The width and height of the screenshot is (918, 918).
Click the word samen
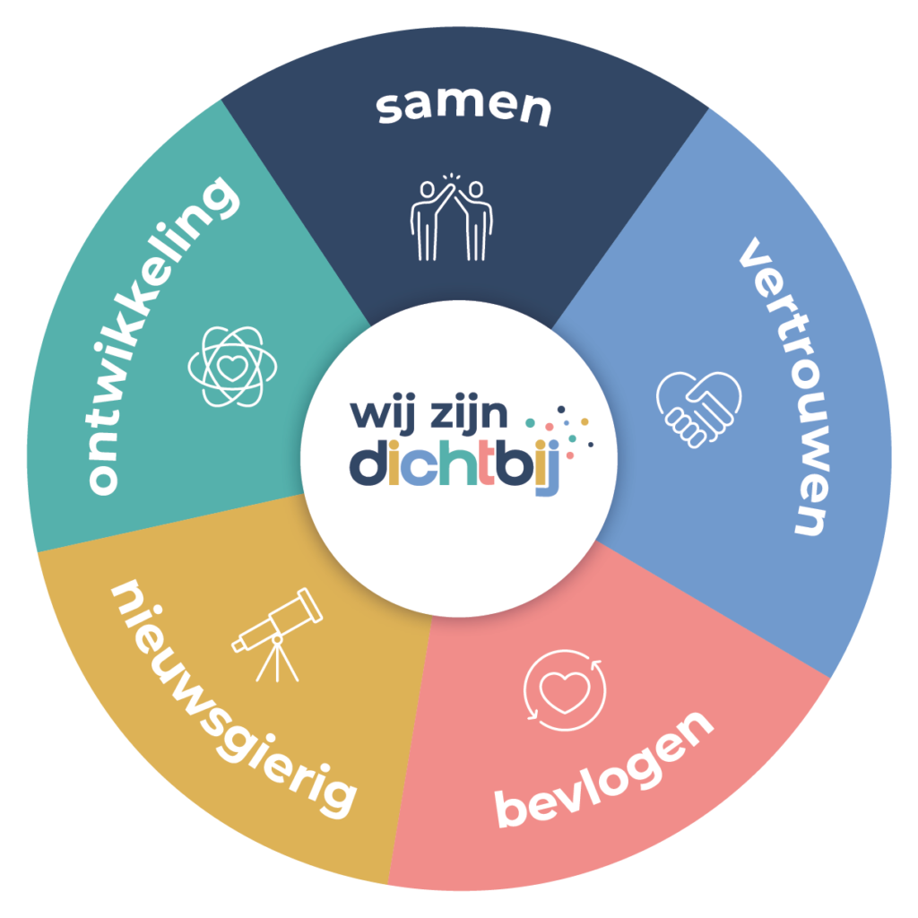pos(463,108)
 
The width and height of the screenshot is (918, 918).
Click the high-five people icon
pos(452,217)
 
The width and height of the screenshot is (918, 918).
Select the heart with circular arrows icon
pos(565,690)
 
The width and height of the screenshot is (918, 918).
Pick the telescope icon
pos(277,635)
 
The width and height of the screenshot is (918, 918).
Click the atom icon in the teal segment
pos(232,367)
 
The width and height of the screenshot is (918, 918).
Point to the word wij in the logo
pos(383,416)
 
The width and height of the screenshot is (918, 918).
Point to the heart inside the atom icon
pos(232,368)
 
